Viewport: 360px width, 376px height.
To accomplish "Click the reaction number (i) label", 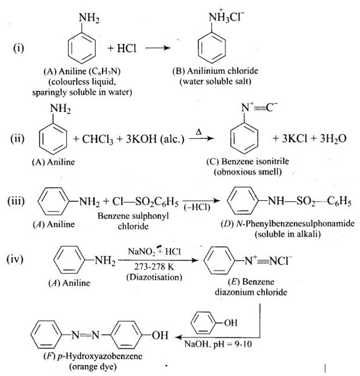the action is [19, 48].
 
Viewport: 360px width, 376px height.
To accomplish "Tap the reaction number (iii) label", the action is [16, 201].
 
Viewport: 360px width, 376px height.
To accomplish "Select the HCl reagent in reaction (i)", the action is [127, 48].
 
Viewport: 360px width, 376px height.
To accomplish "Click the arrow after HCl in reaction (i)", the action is [158, 48].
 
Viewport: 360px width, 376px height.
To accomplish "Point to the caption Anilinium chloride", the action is [223, 71].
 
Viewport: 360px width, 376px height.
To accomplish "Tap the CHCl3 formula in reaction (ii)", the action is [98, 139].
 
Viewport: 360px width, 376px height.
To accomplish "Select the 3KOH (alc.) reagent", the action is [155, 139].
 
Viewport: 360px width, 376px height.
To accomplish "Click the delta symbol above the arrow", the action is [199, 132].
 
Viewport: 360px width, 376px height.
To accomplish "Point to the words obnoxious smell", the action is [248, 172].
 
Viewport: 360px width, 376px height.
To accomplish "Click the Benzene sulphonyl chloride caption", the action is [133, 221].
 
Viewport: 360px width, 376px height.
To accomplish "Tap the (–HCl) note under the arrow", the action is [197, 207].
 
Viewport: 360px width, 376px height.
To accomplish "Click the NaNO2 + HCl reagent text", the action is [155, 251].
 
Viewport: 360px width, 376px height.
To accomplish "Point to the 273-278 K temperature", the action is [154, 267].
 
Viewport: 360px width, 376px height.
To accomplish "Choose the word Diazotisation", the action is [154, 277].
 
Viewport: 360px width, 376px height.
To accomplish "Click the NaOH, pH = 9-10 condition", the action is [218, 344].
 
